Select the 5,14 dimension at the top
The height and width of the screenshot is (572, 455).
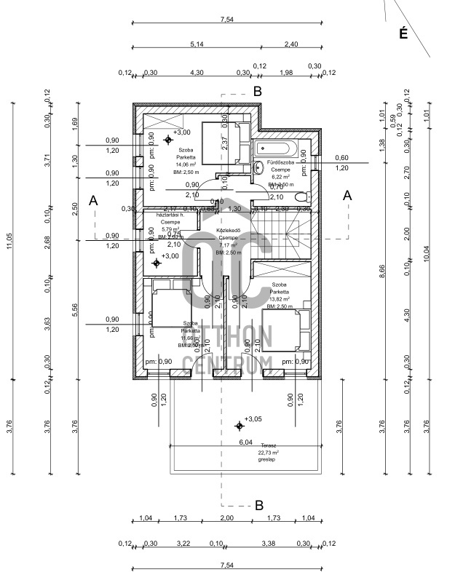196,44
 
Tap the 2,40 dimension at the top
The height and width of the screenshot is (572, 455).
290,44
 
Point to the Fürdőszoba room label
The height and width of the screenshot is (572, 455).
280,162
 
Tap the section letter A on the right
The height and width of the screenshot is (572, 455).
347,195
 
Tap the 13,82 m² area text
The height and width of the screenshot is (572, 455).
280,299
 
